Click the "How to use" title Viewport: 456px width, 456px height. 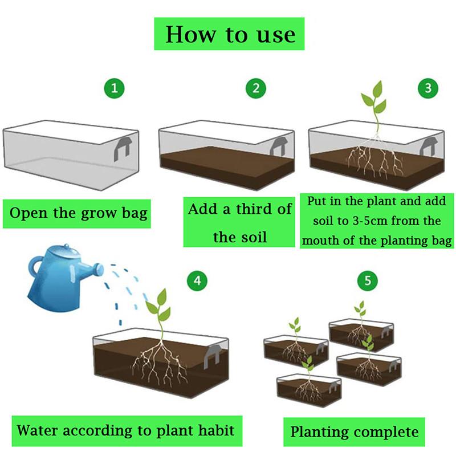pos(230,34)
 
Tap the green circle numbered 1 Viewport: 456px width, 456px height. pos(115,88)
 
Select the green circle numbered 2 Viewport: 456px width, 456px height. pos(256,88)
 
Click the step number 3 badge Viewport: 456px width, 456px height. pos(428,88)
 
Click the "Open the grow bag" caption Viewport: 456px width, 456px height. pos(79,213)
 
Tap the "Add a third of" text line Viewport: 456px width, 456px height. pos(240,209)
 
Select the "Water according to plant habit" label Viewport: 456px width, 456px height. pos(125,429)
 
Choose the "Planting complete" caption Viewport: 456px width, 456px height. pos(355,431)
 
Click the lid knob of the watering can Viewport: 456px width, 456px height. pos(66,246)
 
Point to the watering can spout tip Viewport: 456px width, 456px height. pos(102,266)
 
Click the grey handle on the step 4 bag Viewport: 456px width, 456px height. pos(215,353)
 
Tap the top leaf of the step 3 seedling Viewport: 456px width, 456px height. pos(376,89)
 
